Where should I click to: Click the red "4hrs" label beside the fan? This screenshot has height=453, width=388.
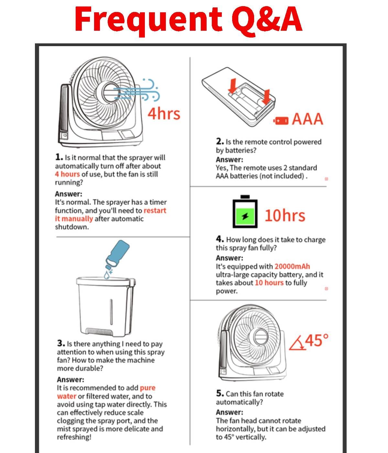[x=164, y=114]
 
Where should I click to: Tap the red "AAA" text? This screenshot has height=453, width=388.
[x=307, y=119]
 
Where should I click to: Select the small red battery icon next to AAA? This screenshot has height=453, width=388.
[x=281, y=121]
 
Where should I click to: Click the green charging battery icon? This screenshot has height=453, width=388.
[x=245, y=212]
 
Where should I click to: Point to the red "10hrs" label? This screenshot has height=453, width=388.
[x=285, y=215]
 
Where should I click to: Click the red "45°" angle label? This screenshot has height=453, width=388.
[x=317, y=340]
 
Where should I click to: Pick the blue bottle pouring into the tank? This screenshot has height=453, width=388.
[x=117, y=254]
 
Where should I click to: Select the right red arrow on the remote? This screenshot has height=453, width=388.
[x=266, y=97]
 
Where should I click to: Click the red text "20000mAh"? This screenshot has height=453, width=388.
[x=292, y=267]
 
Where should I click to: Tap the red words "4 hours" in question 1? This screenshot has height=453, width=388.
[x=68, y=174]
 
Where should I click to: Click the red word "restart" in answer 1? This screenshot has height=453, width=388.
[x=155, y=211]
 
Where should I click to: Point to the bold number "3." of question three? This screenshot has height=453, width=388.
[x=61, y=343]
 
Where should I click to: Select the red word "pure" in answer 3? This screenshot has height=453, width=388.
[x=147, y=388]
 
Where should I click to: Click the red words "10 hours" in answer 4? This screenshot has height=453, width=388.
[x=269, y=283]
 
